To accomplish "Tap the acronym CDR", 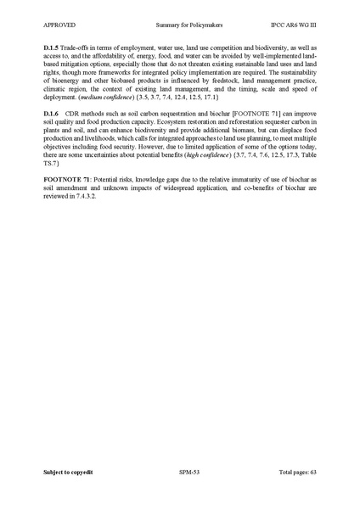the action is (x=77, y=114).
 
